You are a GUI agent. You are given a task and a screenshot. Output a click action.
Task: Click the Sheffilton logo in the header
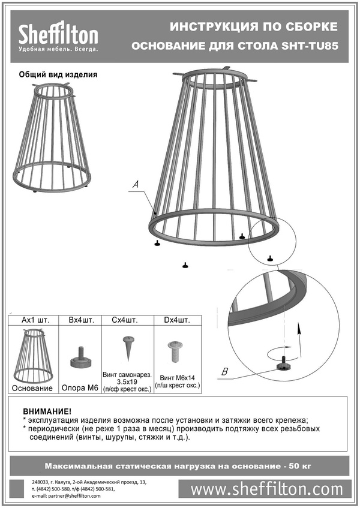pyautogui.click(x=58, y=36)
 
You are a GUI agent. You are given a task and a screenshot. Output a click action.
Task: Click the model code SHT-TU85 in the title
pyautogui.click(x=310, y=46)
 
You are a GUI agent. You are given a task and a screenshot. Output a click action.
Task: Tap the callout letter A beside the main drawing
pyautogui.click(x=136, y=184)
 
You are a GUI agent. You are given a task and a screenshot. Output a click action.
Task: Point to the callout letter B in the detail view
pyautogui.click(x=225, y=372)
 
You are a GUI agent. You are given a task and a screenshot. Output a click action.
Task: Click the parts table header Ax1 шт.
pyautogui.click(x=35, y=320)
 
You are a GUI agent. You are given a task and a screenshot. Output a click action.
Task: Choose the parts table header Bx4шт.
pyautogui.click(x=82, y=320)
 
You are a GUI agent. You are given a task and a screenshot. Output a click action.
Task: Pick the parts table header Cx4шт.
pyautogui.click(x=125, y=320)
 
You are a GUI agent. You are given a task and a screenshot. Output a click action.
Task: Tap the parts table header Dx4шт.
pyautogui.click(x=177, y=320)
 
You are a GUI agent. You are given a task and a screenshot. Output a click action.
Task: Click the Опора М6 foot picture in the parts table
pyautogui.click(x=79, y=357)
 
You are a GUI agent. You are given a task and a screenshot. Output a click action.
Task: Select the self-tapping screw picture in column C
pyautogui.click(x=128, y=348)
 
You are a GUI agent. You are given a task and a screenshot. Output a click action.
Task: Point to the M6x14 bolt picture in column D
pyautogui.click(x=175, y=351)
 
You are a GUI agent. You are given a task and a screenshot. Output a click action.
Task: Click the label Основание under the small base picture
pyautogui.click(x=32, y=388)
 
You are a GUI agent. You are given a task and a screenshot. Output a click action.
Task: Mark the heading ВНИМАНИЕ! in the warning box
pyautogui.click(x=47, y=411)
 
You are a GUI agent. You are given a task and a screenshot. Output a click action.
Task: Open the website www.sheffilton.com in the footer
pyautogui.click(x=266, y=489)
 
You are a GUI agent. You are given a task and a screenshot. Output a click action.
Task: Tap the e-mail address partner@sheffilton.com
pyautogui.click(x=74, y=495)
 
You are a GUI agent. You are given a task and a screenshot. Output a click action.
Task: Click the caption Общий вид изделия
pyautogui.click(x=58, y=74)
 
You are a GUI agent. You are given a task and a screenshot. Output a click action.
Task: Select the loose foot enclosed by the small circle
pyautogui.click(x=269, y=258)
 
